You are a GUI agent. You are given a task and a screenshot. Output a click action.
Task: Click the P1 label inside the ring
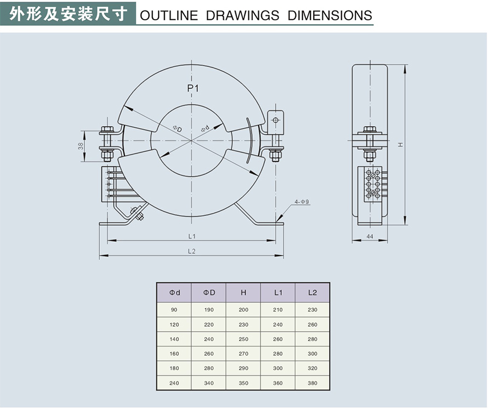192,88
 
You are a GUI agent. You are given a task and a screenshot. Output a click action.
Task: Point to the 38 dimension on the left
81,146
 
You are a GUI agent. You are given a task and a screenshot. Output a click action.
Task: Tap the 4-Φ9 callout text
302,202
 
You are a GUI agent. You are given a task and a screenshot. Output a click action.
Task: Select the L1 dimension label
192,236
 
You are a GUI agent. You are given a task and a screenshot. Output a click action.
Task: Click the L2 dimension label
192,251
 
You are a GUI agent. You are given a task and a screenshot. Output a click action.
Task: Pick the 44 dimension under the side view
370,236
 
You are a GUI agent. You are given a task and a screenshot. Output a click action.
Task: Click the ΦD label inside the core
177,128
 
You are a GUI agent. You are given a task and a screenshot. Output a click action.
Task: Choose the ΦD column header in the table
209,292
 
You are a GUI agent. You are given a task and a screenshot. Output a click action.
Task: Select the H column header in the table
243,292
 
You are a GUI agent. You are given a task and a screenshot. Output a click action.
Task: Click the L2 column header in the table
313,292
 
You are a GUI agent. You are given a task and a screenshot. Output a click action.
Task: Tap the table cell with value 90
174,310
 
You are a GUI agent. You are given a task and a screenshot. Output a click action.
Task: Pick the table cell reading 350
243,383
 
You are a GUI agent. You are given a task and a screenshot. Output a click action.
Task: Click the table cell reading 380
313,383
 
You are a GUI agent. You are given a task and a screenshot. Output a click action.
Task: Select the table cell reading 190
209,310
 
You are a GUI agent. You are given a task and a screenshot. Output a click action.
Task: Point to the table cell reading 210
278,310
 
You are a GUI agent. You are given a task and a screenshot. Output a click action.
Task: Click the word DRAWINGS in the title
242,15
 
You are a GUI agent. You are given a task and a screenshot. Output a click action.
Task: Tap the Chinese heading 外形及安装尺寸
68,13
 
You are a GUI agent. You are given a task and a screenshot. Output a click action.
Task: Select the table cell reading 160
174,354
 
